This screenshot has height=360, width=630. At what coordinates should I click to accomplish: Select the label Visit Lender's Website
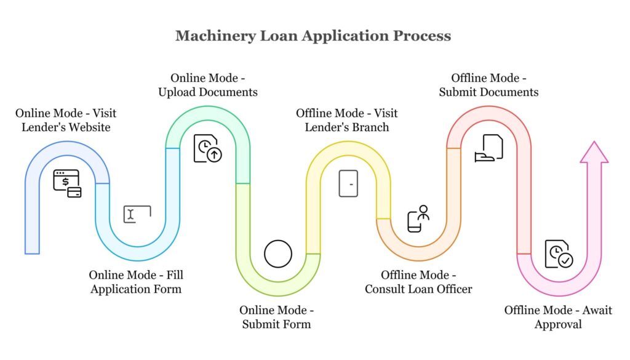(x=66, y=120)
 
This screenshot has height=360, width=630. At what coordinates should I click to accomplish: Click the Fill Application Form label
(x=136, y=282)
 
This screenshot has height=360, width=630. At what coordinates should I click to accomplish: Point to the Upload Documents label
(x=207, y=86)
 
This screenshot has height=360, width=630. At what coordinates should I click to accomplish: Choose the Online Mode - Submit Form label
(x=276, y=316)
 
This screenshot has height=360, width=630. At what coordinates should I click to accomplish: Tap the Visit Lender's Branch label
(x=346, y=120)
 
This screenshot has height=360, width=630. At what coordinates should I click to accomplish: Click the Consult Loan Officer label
(x=418, y=282)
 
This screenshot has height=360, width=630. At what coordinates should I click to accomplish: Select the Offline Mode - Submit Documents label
(x=488, y=86)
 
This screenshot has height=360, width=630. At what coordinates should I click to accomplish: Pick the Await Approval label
(x=558, y=317)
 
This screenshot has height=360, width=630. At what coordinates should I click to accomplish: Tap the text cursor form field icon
(x=137, y=214)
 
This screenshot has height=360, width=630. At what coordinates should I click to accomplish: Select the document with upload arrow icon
(x=208, y=149)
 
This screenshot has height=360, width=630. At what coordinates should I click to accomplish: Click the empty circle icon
(x=277, y=254)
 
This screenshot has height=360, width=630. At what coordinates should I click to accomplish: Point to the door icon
(x=348, y=183)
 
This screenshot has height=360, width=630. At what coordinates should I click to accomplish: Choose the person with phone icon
(x=418, y=218)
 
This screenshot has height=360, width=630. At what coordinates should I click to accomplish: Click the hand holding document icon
(x=489, y=148)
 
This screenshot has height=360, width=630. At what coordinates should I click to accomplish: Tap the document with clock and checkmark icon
(x=559, y=254)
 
